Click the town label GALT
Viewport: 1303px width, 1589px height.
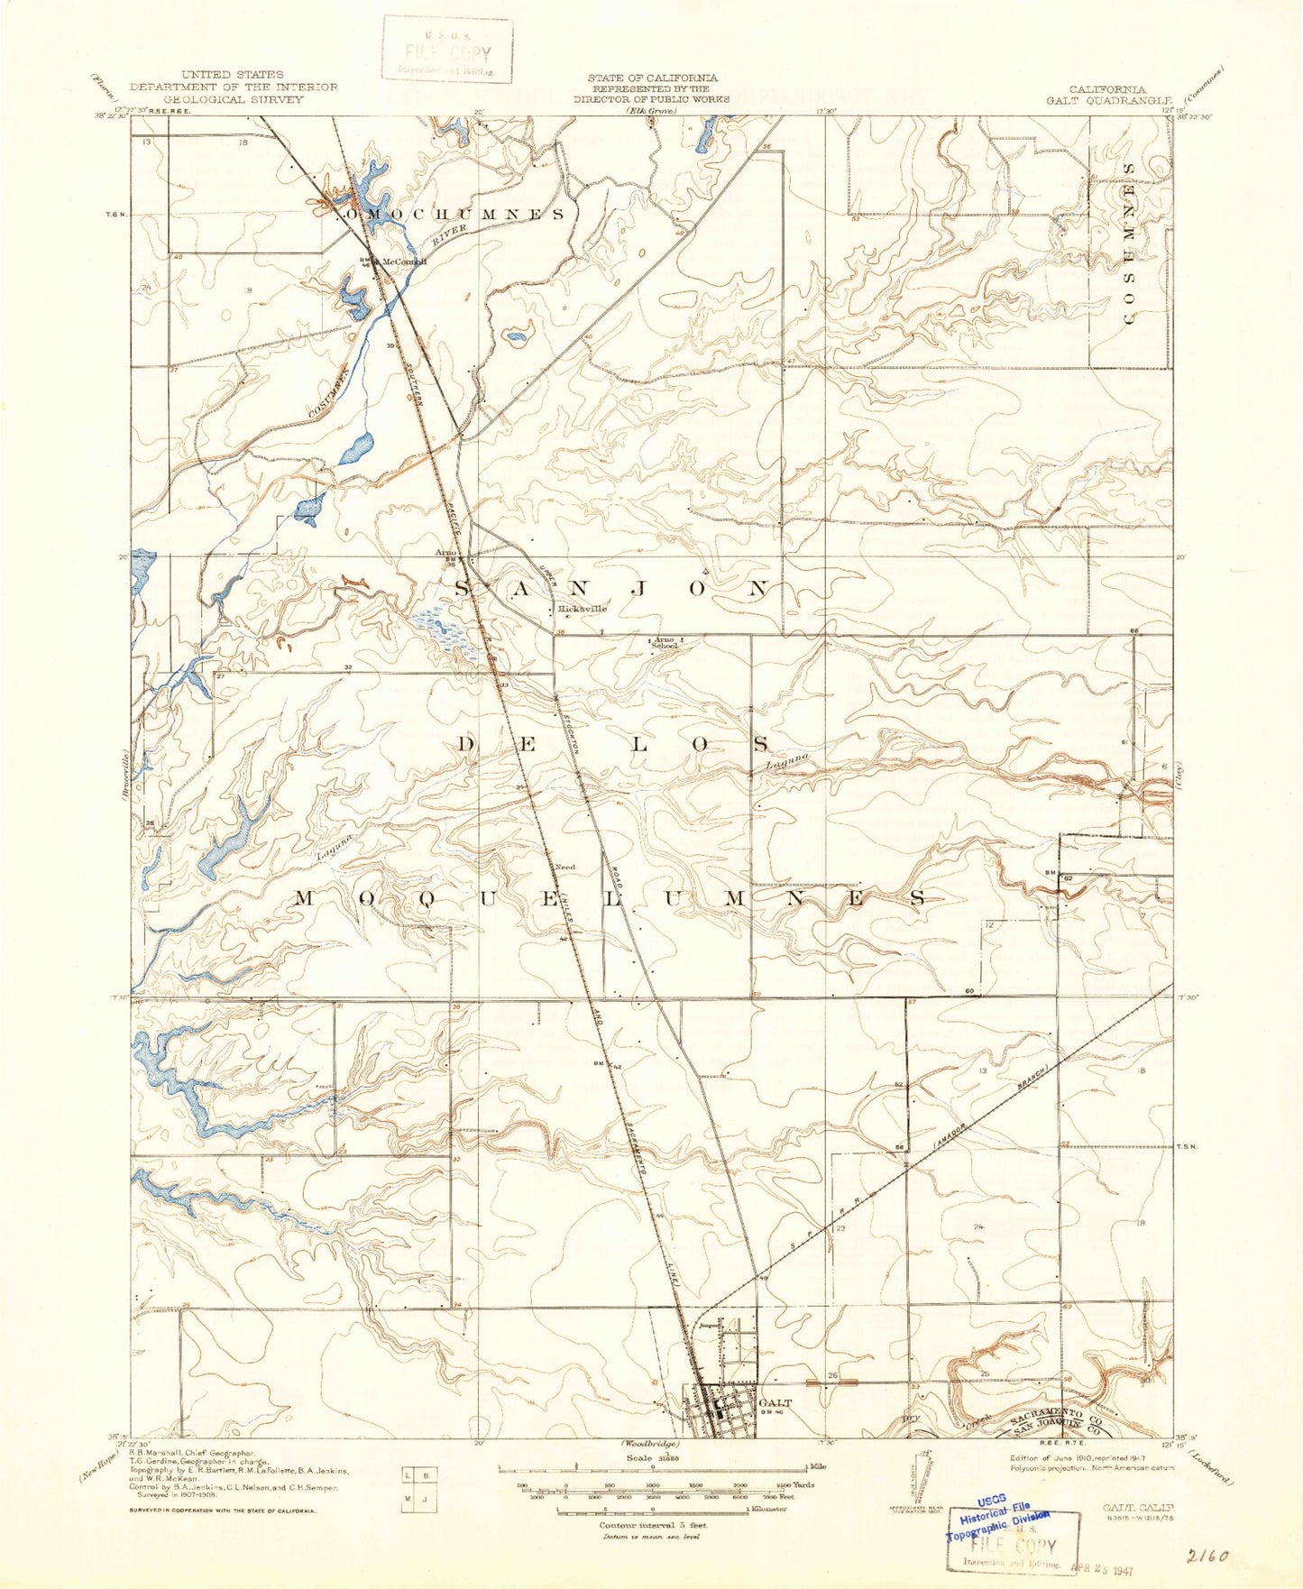click(x=775, y=1403)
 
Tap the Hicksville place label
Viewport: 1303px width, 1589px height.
click(x=582, y=609)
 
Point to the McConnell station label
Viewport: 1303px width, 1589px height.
click(x=404, y=262)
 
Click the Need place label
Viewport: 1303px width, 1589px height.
click(x=564, y=867)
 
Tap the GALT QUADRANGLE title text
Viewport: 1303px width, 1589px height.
click(x=1108, y=100)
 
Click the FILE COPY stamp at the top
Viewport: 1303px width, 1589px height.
click(x=447, y=51)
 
